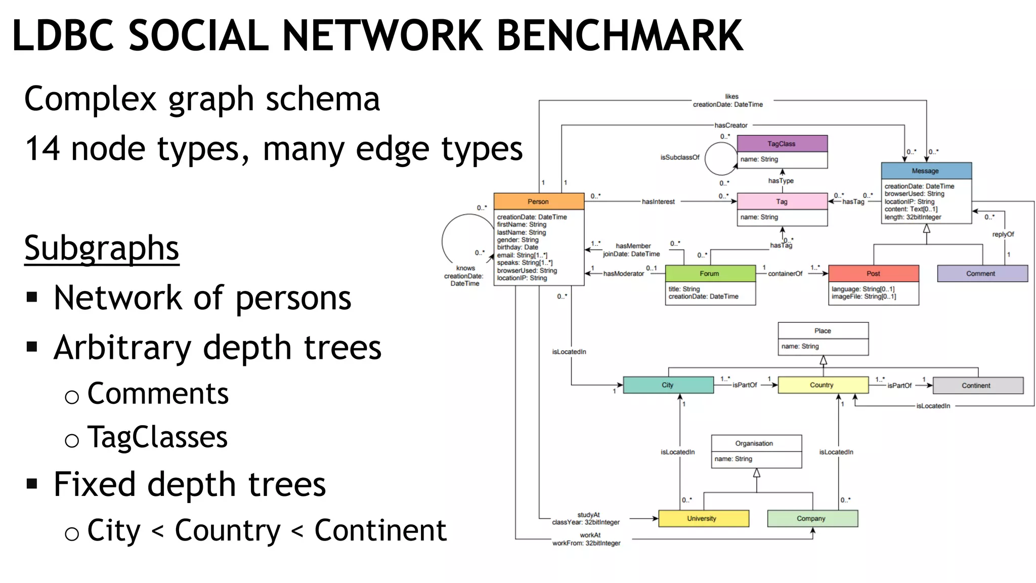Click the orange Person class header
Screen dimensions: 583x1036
(538, 201)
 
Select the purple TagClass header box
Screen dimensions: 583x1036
(782, 144)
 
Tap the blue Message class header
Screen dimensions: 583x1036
(926, 171)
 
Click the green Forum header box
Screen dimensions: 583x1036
(710, 273)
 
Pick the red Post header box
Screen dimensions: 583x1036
(873, 273)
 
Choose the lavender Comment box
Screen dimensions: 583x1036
(981, 273)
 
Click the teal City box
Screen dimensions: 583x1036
(668, 385)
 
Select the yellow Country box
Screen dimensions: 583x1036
(822, 385)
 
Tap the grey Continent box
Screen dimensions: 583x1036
(977, 386)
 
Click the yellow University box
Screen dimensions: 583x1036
(703, 519)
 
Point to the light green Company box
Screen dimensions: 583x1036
(812, 519)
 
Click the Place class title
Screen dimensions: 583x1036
(823, 331)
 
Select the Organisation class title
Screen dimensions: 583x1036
(754, 443)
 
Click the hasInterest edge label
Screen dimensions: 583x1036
(658, 201)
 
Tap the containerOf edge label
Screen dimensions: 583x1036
(785, 274)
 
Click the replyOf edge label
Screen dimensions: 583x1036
(1003, 234)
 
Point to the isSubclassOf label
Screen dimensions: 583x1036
(679, 157)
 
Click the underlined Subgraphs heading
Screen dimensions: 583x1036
(102, 248)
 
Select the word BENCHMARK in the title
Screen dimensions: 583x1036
(620, 35)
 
